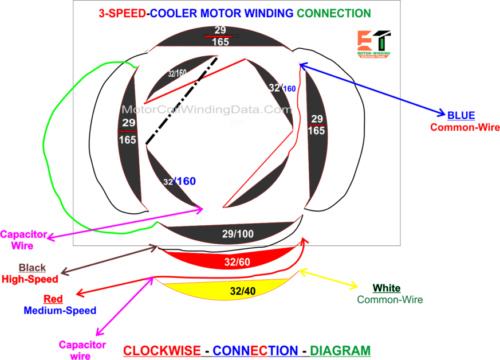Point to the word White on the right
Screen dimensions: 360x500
[x=387, y=288]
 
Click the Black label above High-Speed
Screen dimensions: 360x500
[x=32, y=268]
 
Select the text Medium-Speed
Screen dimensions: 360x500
[x=60, y=310]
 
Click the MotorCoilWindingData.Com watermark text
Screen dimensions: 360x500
[x=207, y=109]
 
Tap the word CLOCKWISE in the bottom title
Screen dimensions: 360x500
[x=162, y=350]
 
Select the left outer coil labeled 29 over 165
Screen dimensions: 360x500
[x=128, y=132]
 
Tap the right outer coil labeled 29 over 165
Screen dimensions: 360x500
[x=316, y=125]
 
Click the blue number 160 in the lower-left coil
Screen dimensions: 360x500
[x=186, y=181]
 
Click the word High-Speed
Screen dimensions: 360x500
[x=30, y=279]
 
